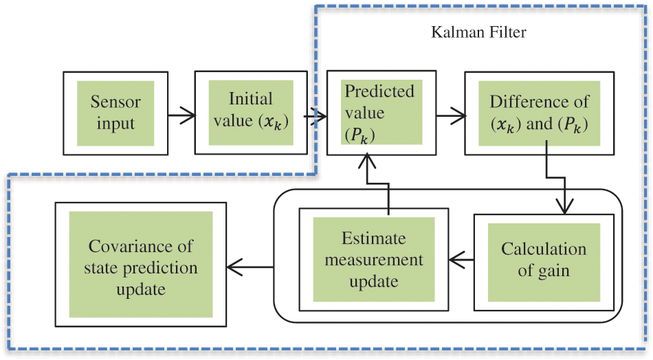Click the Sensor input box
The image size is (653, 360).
[115, 113]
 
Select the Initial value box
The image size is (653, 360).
[250, 112]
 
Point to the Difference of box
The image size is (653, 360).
[540, 112]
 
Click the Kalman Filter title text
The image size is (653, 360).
[478, 32]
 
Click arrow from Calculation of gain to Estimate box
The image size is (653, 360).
[461, 260]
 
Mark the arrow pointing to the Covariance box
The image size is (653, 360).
[250, 264]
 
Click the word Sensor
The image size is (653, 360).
[115, 102]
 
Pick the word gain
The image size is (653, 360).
[554, 270]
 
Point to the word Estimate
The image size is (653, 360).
[374, 238]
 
